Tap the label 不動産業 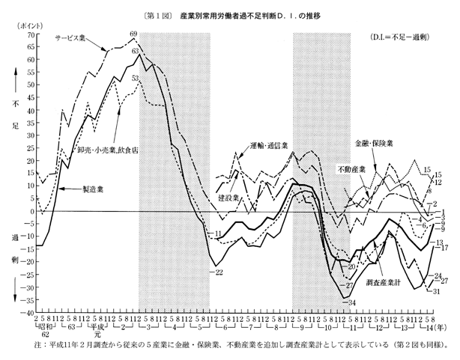point(351,169)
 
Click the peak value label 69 point(133,33)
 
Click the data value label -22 point(219,271)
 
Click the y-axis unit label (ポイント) point(20,25)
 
